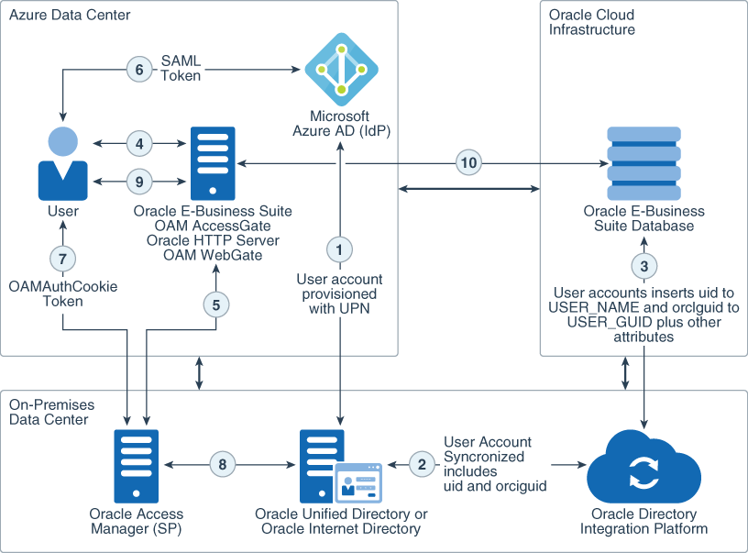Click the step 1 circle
[x=340, y=248]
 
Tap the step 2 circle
[x=421, y=464]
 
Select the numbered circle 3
[x=643, y=266]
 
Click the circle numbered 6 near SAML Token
[x=138, y=69]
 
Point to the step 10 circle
[x=469, y=163]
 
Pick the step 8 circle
[x=222, y=464]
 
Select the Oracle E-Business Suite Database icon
[x=643, y=162]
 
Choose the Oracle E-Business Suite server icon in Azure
[x=212, y=162]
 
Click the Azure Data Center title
[x=70, y=16]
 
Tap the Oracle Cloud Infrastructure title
[x=591, y=22]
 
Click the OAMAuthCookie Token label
[x=50, y=293]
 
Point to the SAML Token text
[x=181, y=69]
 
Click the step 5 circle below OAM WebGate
[x=215, y=305]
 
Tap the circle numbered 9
[x=138, y=182]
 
